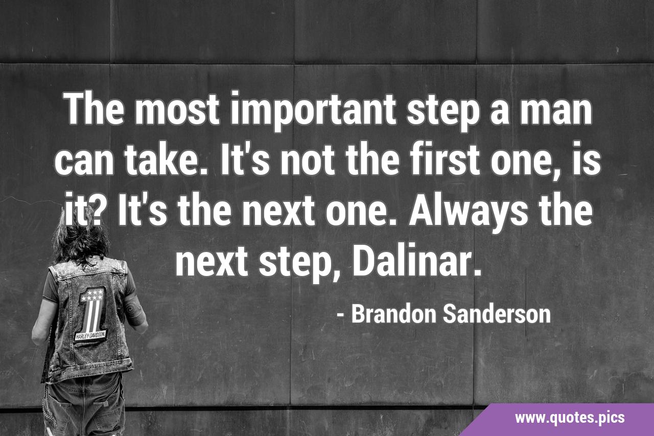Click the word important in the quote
pos(313,110)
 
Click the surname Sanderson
pos(497,314)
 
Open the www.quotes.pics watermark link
pos(570,418)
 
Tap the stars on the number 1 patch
pos(92,295)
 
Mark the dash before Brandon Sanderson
pos(340,315)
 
